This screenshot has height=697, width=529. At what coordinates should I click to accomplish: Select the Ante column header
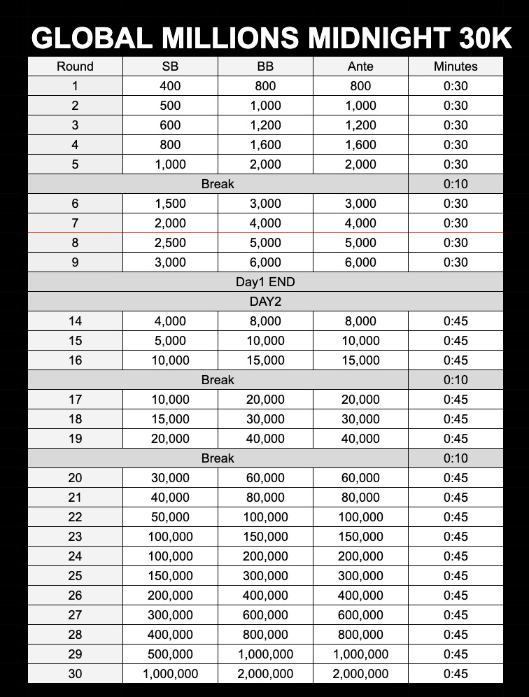point(360,66)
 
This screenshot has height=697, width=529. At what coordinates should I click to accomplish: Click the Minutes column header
point(456,66)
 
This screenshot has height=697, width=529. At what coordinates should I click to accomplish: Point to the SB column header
point(170,66)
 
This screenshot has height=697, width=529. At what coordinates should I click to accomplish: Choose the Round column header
point(75,66)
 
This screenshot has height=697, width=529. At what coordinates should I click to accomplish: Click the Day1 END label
point(265,282)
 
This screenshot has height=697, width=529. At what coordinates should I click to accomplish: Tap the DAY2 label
point(265,302)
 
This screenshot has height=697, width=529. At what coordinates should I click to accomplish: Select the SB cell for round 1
point(170,86)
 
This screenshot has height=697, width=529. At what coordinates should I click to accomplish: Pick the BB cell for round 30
point(265,674)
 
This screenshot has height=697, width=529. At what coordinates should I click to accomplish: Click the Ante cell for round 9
point(360,262)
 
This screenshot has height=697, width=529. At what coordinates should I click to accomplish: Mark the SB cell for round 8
point(170,243)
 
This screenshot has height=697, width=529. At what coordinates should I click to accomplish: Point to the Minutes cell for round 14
point(456,321)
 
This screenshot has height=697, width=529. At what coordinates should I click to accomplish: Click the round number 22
point(75,517)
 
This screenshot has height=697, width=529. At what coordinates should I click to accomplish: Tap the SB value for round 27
point(170,615)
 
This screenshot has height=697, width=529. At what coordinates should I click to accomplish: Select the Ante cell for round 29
point(360,654)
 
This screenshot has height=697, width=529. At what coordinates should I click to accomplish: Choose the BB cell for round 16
point(265,360)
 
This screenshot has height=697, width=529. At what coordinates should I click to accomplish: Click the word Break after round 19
point(218,458)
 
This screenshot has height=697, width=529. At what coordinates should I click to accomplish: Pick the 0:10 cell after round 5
point(456,184)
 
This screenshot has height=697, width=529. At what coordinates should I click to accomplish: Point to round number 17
point(75,400)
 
